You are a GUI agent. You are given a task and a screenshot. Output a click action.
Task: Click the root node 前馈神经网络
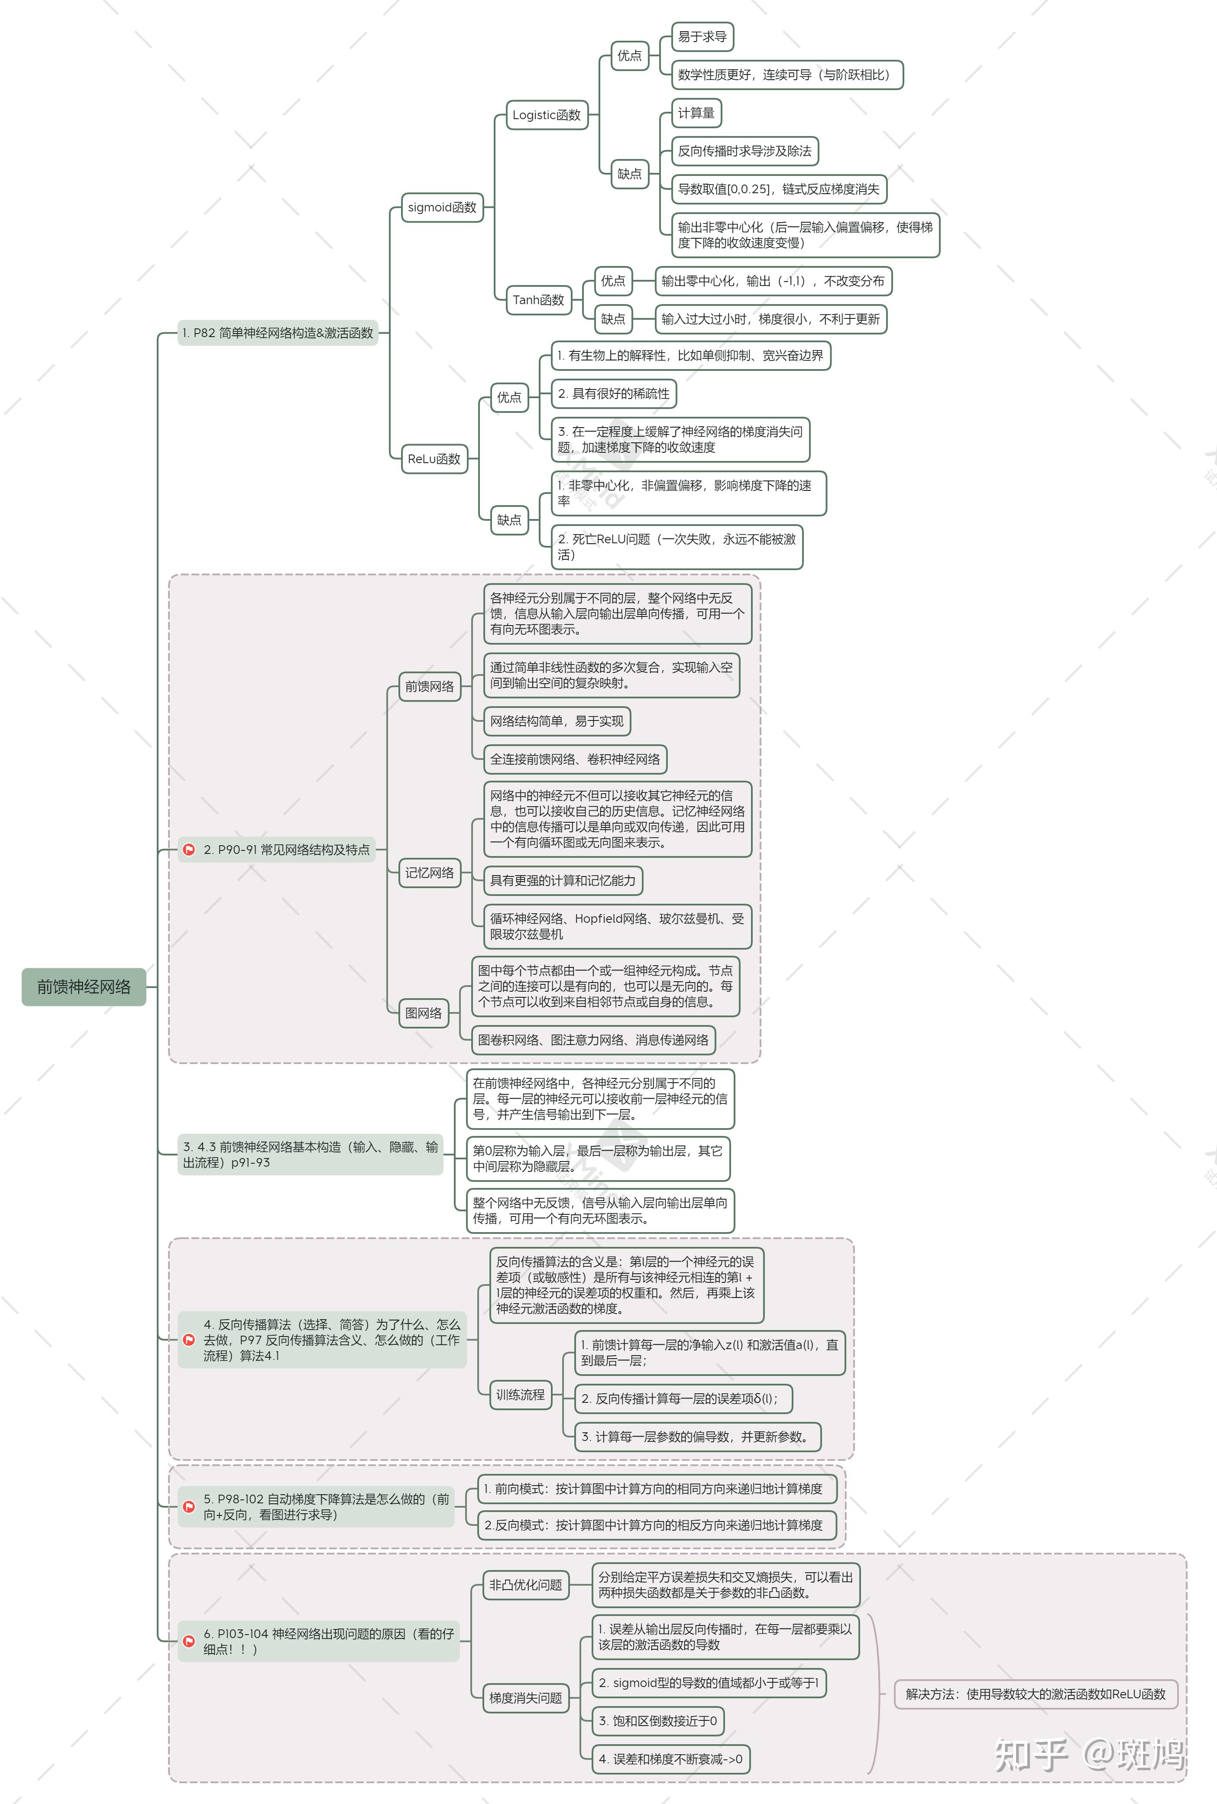click(x=84, y=986)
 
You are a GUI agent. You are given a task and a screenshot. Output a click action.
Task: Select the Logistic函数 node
click(x=547, y=115)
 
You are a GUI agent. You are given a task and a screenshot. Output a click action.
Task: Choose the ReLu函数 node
click(x=434, y=459)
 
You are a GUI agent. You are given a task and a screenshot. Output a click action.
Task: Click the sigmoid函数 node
click(x=442, y=207)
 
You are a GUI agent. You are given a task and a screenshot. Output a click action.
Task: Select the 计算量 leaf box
click(x=696, y=113)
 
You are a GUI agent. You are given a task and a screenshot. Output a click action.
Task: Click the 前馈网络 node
click(x=429, y=686)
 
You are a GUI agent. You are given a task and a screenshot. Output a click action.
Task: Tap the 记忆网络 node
click(x=429, y=873)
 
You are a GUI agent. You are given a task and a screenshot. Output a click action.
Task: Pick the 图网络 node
click(x=424, y=1013)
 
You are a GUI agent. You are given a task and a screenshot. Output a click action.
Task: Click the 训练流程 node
click(x=520, y=1395)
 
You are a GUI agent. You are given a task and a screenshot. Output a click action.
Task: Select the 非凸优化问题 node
click(x=525, y=1585)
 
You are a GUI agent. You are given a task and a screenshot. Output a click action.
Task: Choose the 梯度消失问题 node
click(x=525, y=1698)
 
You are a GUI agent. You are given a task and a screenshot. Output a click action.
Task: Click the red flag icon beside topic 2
click(x=188, y=850)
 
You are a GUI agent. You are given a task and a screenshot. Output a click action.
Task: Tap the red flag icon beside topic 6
click(x=188, y=1641)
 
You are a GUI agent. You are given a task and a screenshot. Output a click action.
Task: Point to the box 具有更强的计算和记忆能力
click(x=563, y=880)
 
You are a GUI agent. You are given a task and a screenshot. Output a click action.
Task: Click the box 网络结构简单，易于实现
click(x=557, y=721)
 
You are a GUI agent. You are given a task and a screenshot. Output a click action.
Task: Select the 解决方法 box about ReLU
click(x=1036, y=1694)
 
